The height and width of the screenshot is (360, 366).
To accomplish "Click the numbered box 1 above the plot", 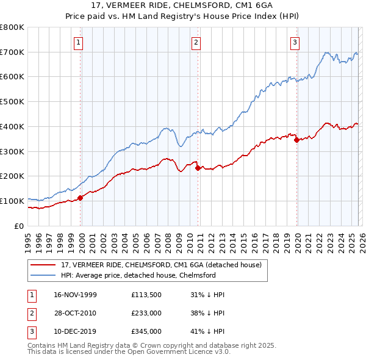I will (x=80, y=42).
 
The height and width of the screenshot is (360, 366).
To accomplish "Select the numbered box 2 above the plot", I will (x=196, y=42).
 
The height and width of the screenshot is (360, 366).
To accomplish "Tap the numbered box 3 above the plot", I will (x=295, y=42).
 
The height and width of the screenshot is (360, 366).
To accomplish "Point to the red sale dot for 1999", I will (x=81, y=198).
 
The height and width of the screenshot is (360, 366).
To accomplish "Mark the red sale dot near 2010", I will (x=198, y=168).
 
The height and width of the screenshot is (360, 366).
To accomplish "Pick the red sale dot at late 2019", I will (x=297, y=140).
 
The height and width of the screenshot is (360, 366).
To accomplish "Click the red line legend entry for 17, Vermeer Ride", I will (x=161, y=265).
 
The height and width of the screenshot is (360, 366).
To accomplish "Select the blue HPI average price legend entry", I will (x=138, y=275).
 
